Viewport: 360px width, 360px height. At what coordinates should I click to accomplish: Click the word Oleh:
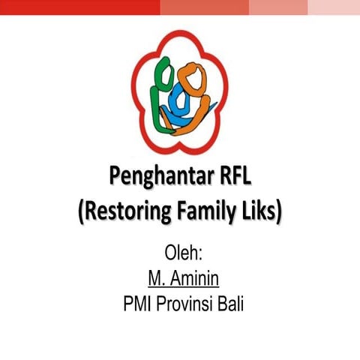click(x=179, y=251)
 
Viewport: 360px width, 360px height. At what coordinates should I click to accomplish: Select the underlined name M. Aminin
click(x=179, y=278)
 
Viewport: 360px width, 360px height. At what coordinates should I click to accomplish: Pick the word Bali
click(x=232, y=304)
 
